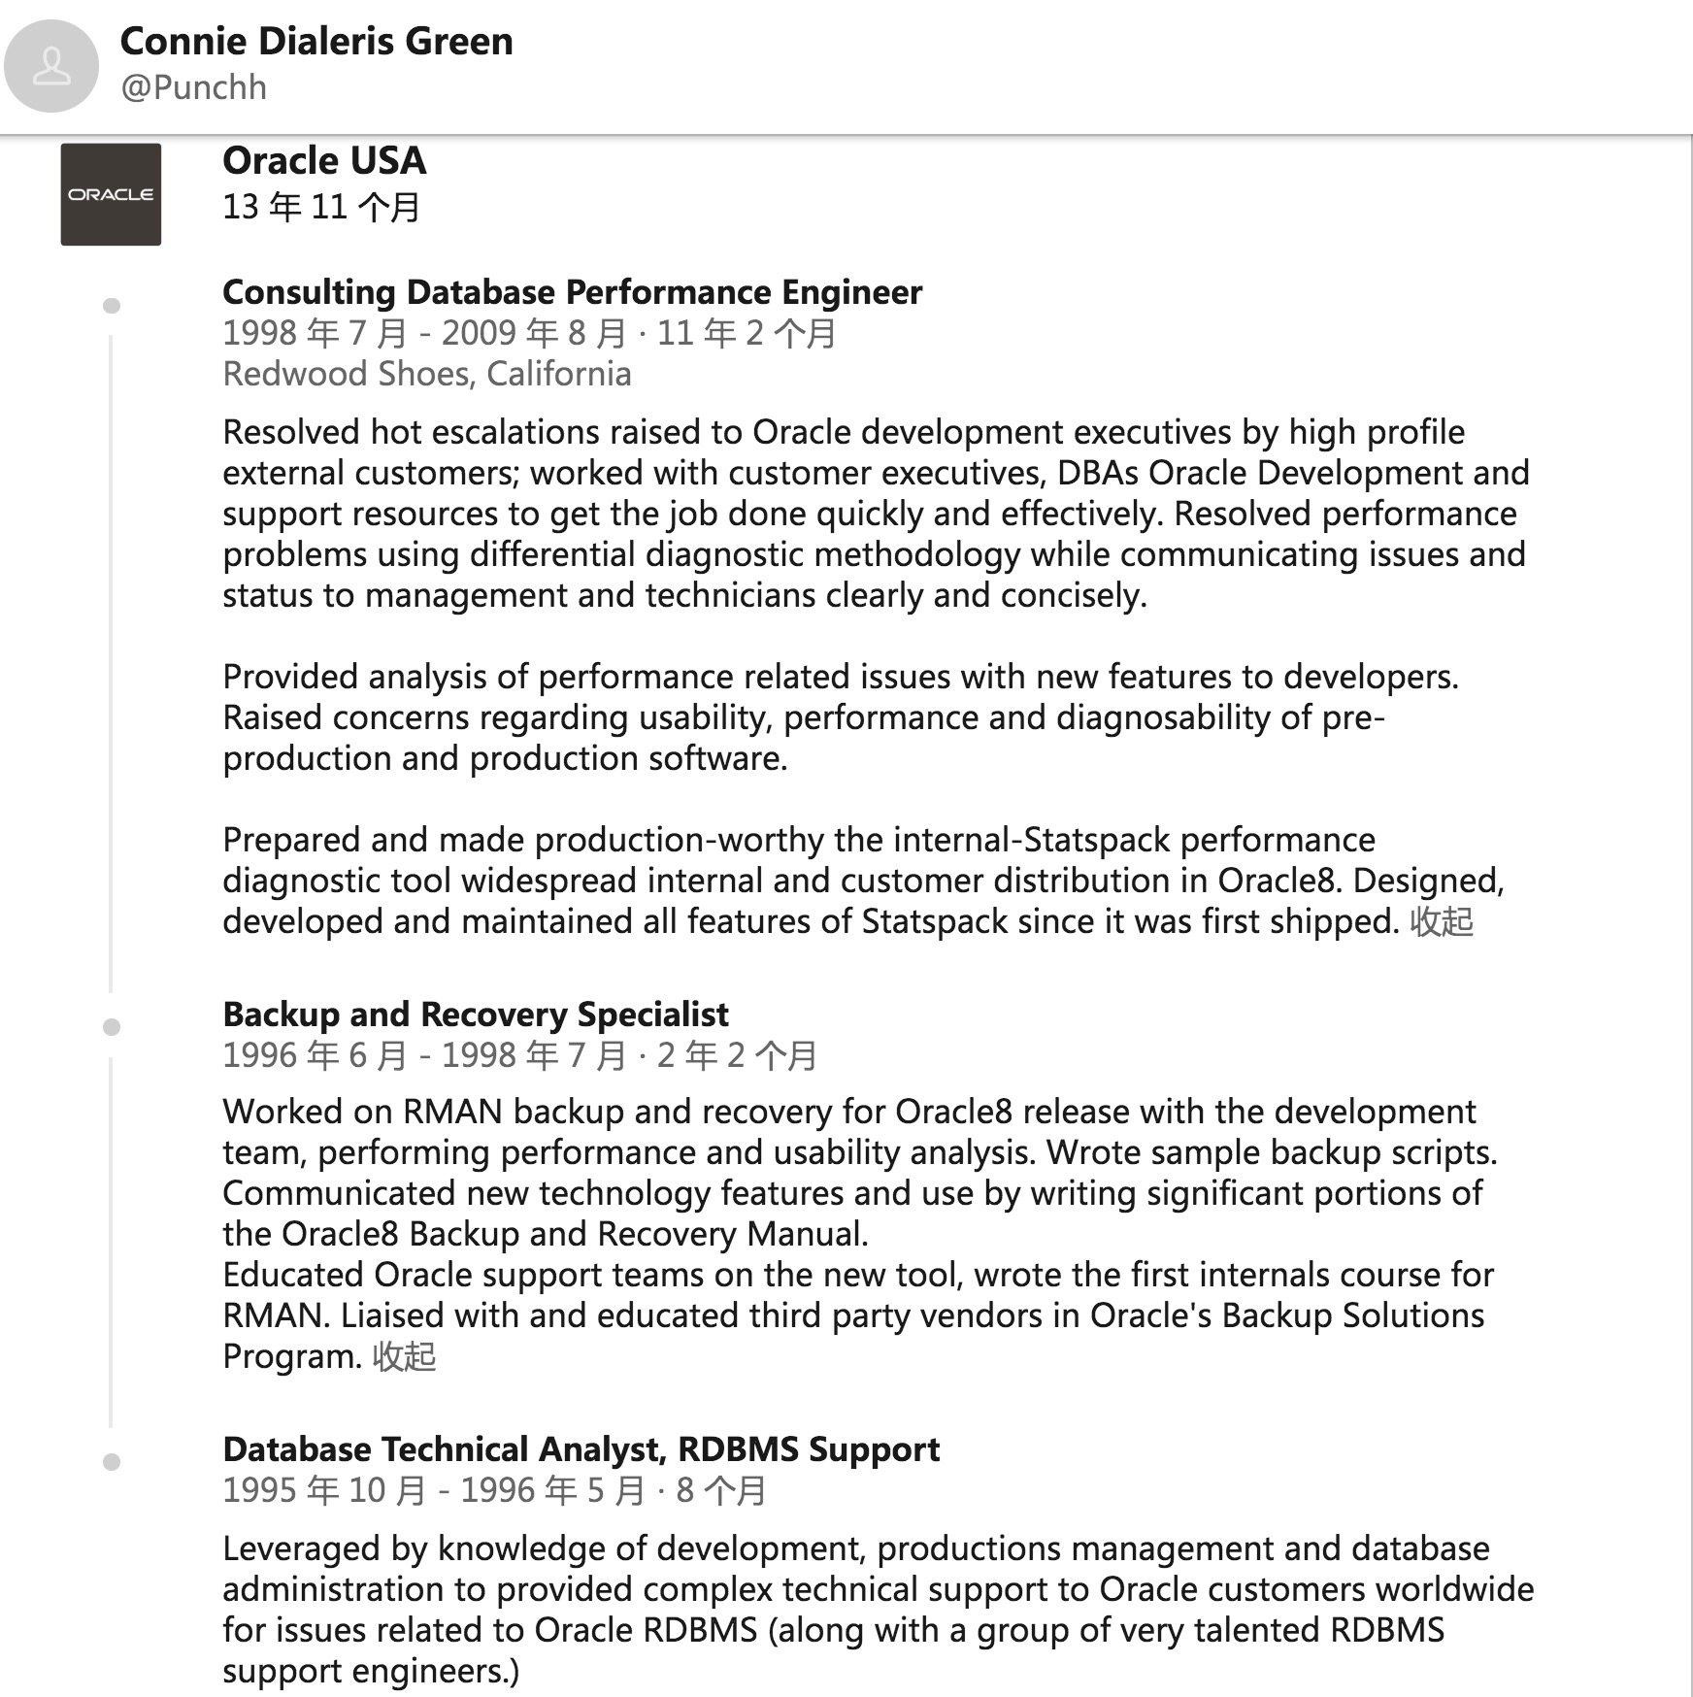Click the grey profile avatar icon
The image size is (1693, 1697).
point(51,66)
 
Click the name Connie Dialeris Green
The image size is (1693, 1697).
point(316,42)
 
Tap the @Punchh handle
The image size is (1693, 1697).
point(193,87)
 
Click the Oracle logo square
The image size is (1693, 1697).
point(111,194)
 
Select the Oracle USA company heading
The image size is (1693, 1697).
point(324,161)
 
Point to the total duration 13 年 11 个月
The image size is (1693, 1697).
point(321,207)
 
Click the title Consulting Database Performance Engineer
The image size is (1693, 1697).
point(572,292)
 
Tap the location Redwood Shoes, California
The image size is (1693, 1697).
point(427,374)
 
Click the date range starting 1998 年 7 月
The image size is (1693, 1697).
point(529,333)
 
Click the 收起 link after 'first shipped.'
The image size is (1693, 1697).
point(1442,921)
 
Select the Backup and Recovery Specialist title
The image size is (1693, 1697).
point(476,1015)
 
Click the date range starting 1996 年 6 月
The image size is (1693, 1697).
point(519,1055)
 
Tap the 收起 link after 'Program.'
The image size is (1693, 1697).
point(404,1356)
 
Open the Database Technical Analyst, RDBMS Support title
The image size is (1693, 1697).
point(581,1449)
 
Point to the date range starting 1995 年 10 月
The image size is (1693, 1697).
point(494,1490)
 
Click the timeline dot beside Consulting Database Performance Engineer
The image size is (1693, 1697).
point(112,306)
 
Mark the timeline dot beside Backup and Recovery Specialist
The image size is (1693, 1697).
point(112,1027)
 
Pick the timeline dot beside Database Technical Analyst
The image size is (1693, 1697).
point(112,1462)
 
